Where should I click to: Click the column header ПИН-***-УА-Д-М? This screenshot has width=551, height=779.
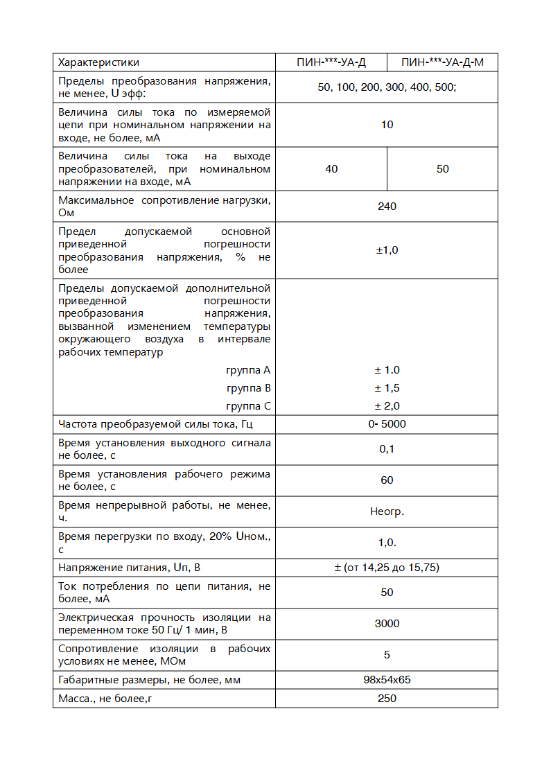click(442, 62)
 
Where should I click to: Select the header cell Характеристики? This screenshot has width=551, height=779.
click(98, 62)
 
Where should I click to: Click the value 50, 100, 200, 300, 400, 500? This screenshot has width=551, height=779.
click(387, 87)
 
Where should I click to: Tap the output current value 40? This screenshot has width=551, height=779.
click(331, 169)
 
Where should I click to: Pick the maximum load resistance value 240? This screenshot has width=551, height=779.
click(387, 207)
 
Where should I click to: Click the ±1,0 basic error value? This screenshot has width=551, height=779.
click(387, 250)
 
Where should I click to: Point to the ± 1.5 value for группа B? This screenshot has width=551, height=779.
click(387, 388)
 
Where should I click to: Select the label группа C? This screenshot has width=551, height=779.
click(248, 406)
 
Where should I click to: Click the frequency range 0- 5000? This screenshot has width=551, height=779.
click(387, 424)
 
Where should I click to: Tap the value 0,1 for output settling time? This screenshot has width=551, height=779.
click(387, 449)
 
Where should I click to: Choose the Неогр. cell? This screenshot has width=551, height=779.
click(387, 511)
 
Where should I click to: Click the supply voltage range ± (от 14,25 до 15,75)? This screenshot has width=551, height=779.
click(387, 568)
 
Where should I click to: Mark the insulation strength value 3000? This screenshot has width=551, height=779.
click(387, 624)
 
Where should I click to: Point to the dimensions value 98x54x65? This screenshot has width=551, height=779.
click(387, 680)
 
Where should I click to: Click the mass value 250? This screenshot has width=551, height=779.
click(387, 698)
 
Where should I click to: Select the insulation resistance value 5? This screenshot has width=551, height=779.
click(387, 655)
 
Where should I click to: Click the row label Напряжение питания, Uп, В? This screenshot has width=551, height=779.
click(129, 568)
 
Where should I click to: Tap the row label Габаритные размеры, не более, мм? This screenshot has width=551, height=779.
click(149, 680)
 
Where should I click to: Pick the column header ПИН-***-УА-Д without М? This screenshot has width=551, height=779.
click(331, 62)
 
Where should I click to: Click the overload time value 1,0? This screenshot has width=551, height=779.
click(387, 543)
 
